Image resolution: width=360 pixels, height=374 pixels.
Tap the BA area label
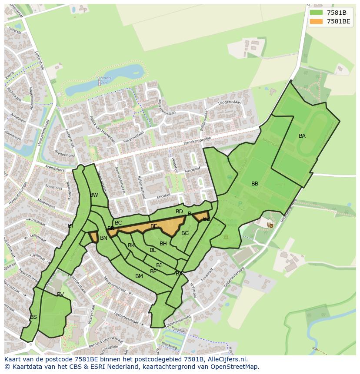tap(302, 136)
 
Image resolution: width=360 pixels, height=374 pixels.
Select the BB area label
tap(255, 184)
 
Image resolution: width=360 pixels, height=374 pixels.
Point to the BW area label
tap(94, 195)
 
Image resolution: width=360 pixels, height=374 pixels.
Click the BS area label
tap(33, 317)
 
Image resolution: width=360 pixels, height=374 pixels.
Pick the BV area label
tap(60, 295)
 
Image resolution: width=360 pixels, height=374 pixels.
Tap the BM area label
tap(139, 276)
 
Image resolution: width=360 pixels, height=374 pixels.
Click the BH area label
tap(163, 244)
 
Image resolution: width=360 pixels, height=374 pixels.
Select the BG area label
tap(185, 233)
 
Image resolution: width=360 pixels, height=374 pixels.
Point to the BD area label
tap(179, 212)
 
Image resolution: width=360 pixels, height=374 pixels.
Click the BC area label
tap(118, 223)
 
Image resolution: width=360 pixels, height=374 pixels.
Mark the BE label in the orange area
tap(154, 226)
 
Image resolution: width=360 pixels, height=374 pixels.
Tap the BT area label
tap(71, 226)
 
